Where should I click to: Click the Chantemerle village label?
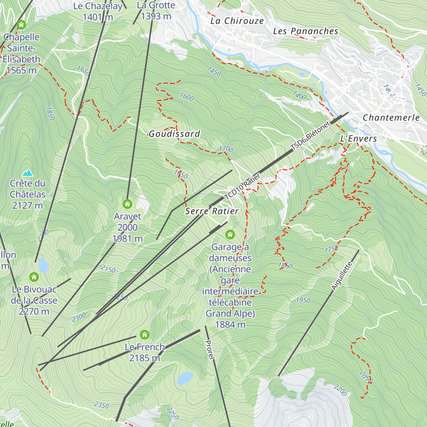[x=391, y=117]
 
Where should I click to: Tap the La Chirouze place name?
[x=237, y=21]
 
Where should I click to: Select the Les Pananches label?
[x=306, y=31]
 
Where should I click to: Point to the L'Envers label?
[x=358, y=139]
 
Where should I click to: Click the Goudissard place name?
[x=174, y=134]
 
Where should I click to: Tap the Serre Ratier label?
[x=212, y=211]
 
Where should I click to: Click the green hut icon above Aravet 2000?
[x=127, y=204]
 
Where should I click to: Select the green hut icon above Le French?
[x=144, y=334]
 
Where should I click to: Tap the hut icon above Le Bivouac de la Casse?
[x=34, y=277]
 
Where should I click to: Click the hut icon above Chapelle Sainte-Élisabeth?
[x=21, y=25]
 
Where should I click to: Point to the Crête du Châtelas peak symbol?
[x=27, y=173]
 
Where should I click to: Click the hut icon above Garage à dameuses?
[x=230, y=234]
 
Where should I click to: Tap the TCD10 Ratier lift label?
[x=242, y=187]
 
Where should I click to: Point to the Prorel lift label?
[x=210, y=349]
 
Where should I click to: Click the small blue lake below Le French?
[x=185, y=378]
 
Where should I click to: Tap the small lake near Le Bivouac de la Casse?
[x=43, y=265]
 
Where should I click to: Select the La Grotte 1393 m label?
[x=156, y=11]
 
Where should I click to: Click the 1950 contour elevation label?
[x=303, y=300]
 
